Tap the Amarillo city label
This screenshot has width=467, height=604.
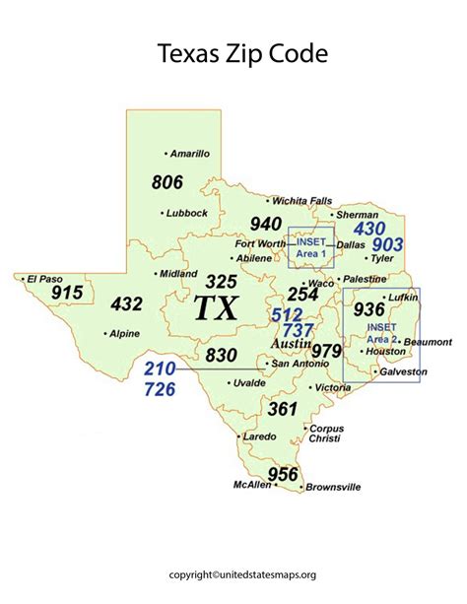[189, 154]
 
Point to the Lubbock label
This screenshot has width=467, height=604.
[186, 212]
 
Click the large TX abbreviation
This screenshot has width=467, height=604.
[215, 307]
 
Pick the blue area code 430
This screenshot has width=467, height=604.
[369, 228]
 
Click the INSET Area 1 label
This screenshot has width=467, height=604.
[311, 247]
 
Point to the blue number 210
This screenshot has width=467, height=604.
[160, 369]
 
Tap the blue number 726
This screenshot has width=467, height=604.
[160, 388]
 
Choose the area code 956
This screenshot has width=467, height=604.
[283, 473]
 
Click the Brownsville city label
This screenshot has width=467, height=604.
[333, 487]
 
